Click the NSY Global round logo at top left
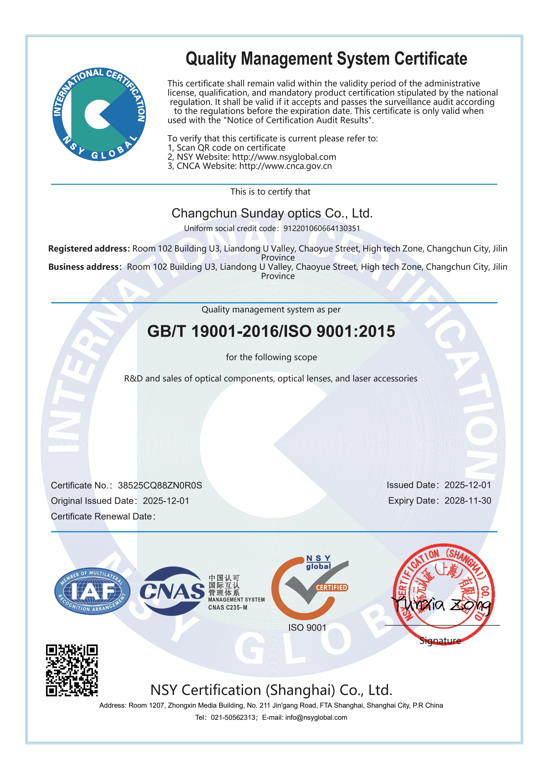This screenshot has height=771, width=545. coord(99,114)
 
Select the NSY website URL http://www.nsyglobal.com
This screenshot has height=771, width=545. coord(284,157)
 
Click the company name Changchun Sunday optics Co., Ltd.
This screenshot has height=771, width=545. coord(272,213)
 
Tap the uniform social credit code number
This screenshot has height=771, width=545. coord(322,228)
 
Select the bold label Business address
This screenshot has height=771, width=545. coord(85,267)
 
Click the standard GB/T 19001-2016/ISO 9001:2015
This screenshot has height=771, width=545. coord(271,332)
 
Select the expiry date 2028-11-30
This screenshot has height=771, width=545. coord(467,501)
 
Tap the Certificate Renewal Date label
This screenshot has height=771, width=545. coord(103,516)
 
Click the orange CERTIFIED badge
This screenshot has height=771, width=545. coord(331,587)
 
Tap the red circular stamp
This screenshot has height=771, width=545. coord(444,586)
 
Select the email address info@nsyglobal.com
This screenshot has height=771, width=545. coord(316,718)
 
